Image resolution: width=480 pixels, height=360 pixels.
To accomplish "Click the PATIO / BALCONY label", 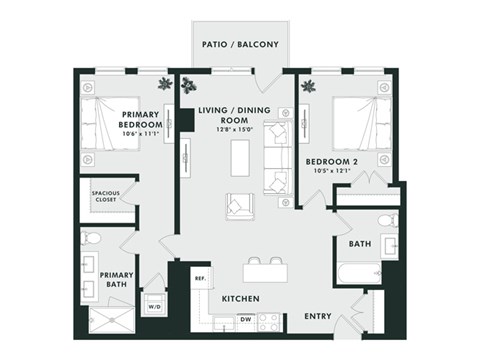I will click(x=240, y=45).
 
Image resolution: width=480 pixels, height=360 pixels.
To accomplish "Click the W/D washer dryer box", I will click(x=154, y=307).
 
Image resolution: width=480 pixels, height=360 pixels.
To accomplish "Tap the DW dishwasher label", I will click(x=244, y=320).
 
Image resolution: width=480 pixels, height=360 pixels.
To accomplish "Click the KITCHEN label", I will click(x=241, y=299).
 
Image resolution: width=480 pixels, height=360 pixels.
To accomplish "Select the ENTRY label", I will click(x=318, y=316).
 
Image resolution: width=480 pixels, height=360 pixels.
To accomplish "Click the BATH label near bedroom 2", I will click(x=360, y=243).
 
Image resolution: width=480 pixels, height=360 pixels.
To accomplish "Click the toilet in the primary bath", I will click(x=92, y=239).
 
